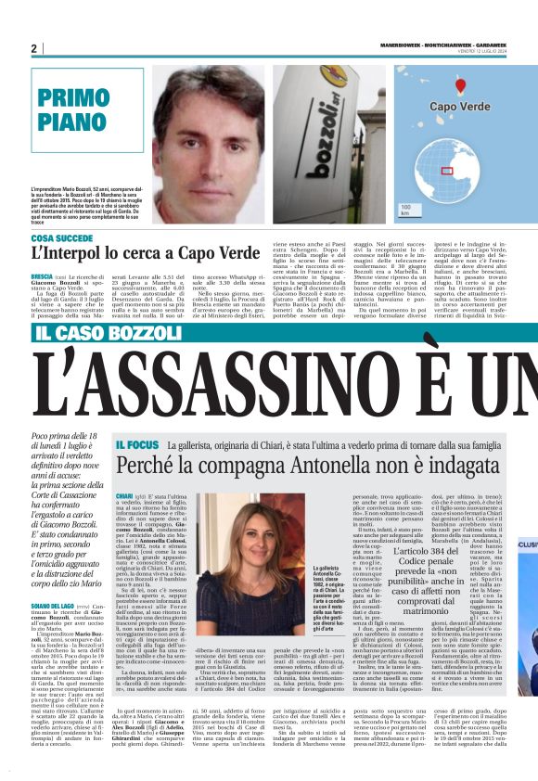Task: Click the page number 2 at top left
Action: pyautogui.click(x=33, y=48)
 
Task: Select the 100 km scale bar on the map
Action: pyautogui.click(x=404, y=210)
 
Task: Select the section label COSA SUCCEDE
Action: pyautogui.click(x=61, y=238)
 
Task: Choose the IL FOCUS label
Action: pyautogui.click(x=138, y=446)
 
